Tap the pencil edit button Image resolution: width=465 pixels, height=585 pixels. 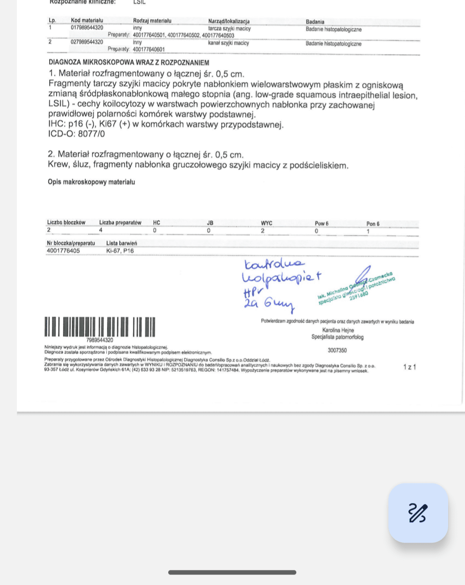[418, 513]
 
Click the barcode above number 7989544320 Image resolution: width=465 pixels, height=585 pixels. [100, 327]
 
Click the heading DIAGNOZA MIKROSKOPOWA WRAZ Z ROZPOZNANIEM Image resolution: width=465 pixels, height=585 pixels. [129, 63]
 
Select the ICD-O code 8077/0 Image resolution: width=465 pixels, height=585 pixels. [91, 134]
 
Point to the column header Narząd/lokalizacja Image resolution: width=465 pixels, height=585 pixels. [228, 21]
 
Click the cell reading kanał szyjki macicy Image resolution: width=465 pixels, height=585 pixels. [228, 43]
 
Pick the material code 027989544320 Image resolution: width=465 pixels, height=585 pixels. [87, 42]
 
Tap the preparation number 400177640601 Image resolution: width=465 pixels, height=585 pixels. [149, 50]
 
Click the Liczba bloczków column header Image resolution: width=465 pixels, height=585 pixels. [66, 223]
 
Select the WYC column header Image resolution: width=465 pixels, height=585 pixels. [266, 224]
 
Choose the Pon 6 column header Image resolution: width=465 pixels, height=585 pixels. [372, 224]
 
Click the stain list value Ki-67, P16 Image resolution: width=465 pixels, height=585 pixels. [120, 251]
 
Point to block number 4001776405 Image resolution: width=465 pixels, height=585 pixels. [63, 251]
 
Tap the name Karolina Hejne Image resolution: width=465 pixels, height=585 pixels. [338, 331]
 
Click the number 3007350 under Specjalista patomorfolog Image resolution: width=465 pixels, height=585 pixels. [337, 351]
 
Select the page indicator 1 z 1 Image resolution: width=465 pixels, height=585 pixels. [409, 367]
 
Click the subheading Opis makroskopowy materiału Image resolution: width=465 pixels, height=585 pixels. [91, 182]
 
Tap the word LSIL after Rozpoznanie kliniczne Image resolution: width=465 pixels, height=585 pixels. [139, 2]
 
